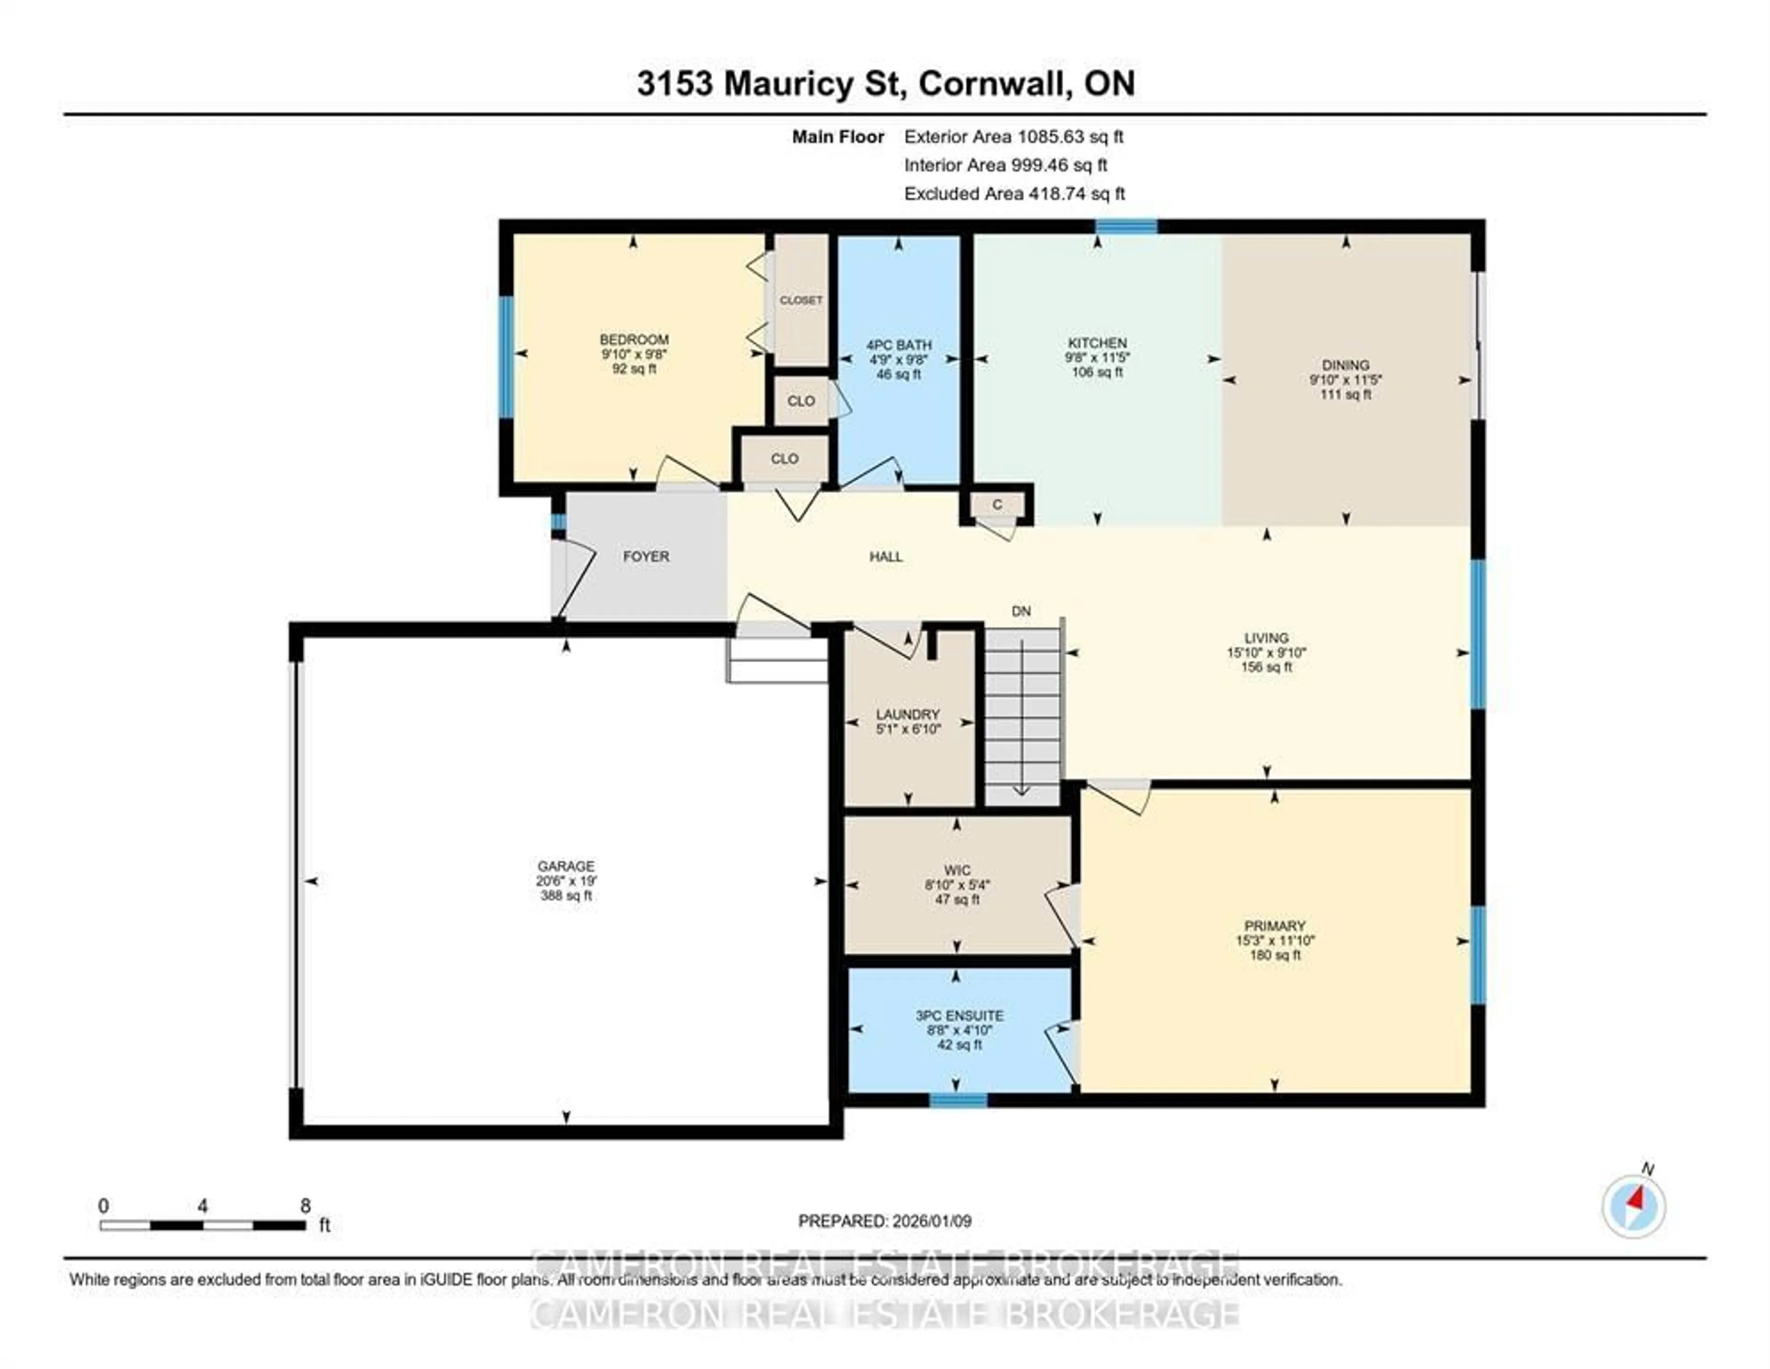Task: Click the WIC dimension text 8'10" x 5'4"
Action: pos(957,885)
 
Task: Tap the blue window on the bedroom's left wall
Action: pos(507,357)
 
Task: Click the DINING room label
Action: pos(1345,365)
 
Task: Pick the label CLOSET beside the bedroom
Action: pos(801,300)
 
